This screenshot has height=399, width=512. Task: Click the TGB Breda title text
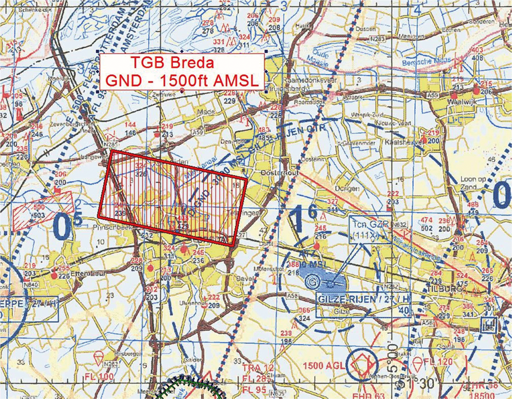pyautogui.click(x=172, y=62)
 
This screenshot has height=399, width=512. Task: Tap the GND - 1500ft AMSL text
pyautogui.click(x=182, y=81)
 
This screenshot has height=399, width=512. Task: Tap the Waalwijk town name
pyautogui.click(x=461, y=102)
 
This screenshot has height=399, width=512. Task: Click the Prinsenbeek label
pyautogui.click(x=112, y=228)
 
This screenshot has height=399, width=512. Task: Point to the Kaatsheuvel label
pyautogui.click(x=403, y=142)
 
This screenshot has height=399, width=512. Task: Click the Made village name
pyautogui.click(x=206, y=112)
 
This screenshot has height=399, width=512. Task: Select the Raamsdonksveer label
pyautogui.click(x=309, y=80)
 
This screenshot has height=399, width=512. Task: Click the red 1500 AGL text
pyautogui.click(x=324, y=366)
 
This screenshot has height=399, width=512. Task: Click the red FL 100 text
pyautogui.click(x=99, y=377)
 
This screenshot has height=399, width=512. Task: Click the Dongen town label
pyautogui.click(x=347, y=189)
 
